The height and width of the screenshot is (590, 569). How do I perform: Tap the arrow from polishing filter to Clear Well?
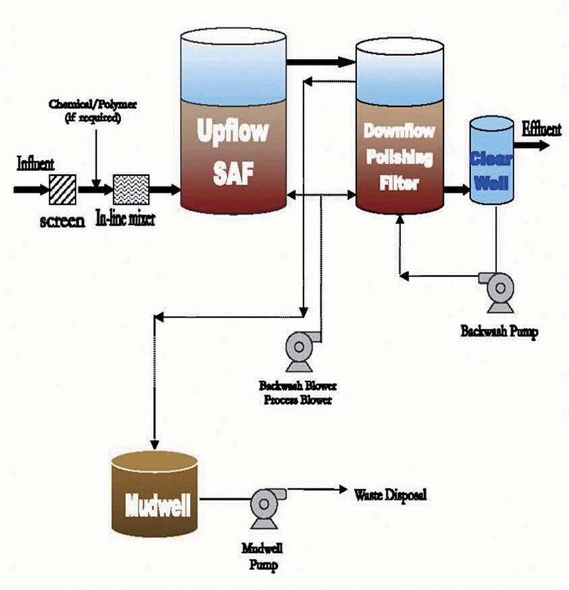point(453,191)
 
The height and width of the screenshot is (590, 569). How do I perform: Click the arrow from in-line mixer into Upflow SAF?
point(165,190)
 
